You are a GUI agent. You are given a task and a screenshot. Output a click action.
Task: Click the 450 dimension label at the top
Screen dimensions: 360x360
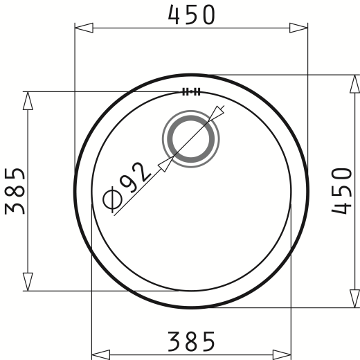pyautogui.click(x=192, y=15)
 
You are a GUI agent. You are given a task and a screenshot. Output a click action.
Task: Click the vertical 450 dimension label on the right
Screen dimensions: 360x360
pyautogui.click(x=341, y=191)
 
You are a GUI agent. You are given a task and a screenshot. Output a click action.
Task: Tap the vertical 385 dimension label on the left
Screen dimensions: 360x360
pyautogui.click(x=15, y=191)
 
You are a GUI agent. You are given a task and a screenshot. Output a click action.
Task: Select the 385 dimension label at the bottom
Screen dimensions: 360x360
pyautogui.click(x=191, y=341)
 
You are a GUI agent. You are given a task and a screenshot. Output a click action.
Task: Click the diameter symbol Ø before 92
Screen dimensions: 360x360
pyautogui.click(x=113, y=199)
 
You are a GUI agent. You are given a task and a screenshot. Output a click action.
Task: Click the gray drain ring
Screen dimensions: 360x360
pyautogui.click(x=190, y=139)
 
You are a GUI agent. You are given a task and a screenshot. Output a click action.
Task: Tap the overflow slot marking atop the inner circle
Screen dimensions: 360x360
pyautogui.click(x=191, y=91)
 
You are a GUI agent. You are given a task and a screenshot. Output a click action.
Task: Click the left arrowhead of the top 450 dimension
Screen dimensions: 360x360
pyautogui.click(x=84, y=28)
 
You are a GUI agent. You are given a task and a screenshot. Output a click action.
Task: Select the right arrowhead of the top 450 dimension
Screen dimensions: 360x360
pyautogui.click(x=298, y=28)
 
